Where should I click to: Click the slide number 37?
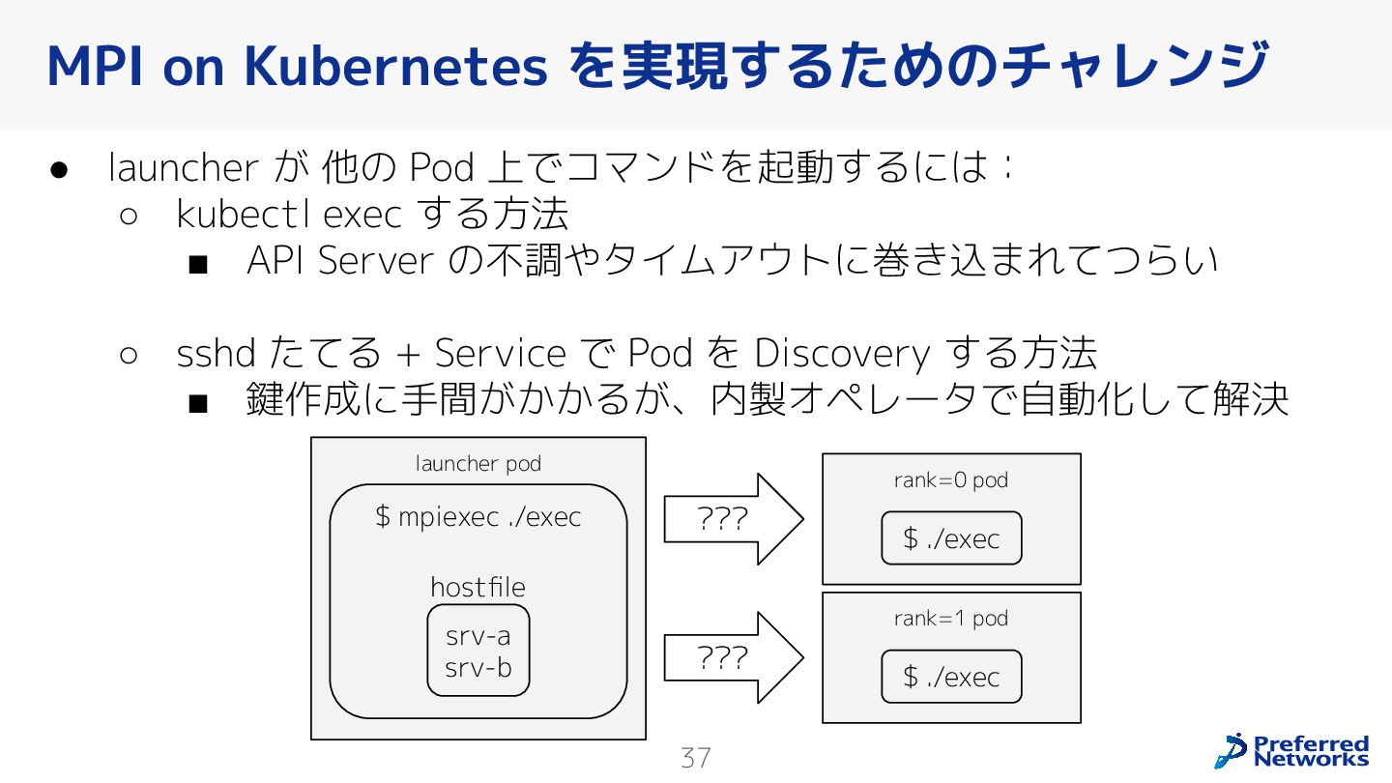click(696, 758)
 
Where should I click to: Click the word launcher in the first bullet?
click(183, 168)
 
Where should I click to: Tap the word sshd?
click(216, 354)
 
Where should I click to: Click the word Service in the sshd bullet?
click(500, 354)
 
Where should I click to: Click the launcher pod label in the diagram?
click(478, 464)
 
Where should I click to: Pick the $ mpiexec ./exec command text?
click(478, 517)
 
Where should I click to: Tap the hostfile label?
click(478, 588)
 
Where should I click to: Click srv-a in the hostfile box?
click(478, 636)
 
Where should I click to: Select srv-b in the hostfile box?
click(478, 667)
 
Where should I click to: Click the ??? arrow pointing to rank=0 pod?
click(732, 519)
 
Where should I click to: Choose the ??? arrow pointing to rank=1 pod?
click(732, 658)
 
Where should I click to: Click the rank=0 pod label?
click(951, 480)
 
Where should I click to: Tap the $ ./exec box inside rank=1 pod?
click(951, 677)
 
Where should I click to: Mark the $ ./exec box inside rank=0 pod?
click(951, 538)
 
